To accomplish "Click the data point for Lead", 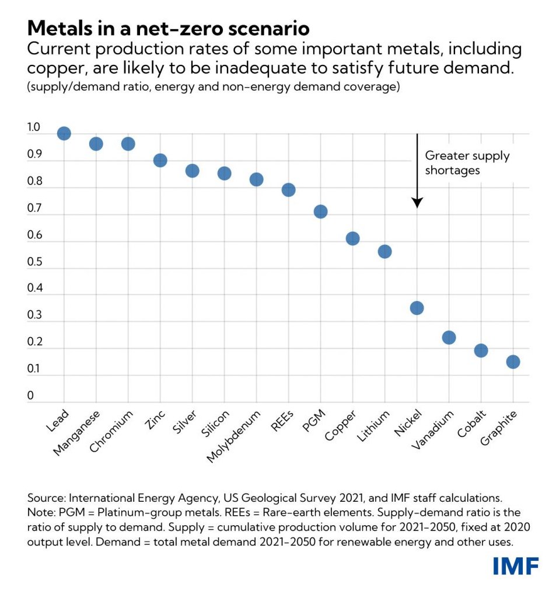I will click(x=64, y=133).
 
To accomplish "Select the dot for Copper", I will click(x=352, y=238).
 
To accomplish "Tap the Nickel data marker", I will click(x=417, y=308).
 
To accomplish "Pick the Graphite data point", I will click(x=513, y=362).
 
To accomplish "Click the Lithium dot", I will click(x=384, y=251).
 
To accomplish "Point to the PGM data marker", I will click(x=320, y=211).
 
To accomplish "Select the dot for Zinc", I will click(x=160, y=160).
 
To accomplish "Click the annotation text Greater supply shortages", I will click(x=467, y=163).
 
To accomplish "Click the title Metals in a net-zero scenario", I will click(x=168, y=27).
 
